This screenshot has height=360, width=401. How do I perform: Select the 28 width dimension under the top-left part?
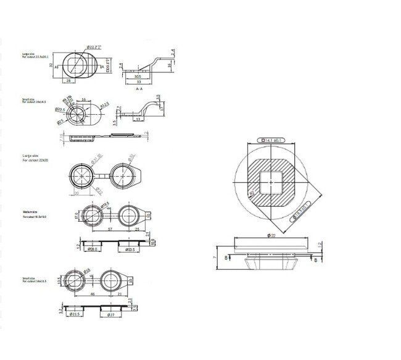(68, 81)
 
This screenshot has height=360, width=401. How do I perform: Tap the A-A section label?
(139, 88)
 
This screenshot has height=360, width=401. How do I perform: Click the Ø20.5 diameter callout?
(60, 109)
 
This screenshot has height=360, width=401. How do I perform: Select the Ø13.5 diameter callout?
(105, 104)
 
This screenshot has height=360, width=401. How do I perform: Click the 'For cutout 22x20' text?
(34, 161)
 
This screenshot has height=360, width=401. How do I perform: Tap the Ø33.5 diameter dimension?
(130, 249)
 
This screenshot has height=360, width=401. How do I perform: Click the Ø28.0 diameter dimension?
(92, 249)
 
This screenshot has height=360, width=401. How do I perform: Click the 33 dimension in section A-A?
(139, 81)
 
